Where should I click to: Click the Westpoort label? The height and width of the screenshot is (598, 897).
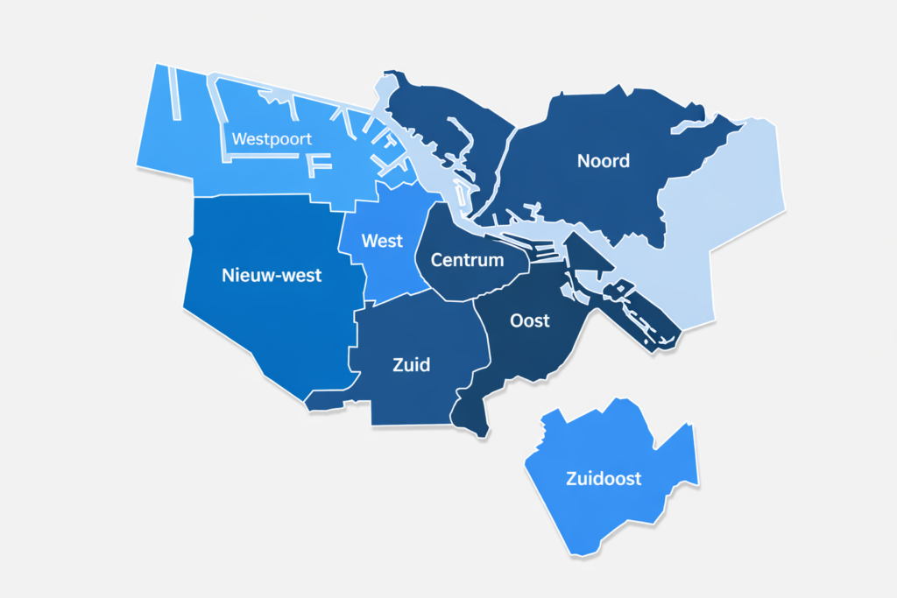pyautogui.click(x=272, y=139)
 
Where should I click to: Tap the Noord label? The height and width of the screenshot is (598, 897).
pyautogui.click(x=604, y=161)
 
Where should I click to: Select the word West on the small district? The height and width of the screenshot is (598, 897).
pyautogui.click(x=382, y=241)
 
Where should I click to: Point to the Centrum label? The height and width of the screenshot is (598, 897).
pyautogui.click(x=468, y=260)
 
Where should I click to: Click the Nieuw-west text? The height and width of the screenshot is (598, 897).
pyautogui.click(x=272, y=276)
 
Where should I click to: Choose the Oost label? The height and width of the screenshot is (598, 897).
pyautogui.click(x=530, y=320)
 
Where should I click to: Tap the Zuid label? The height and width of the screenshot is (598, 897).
pyautogui.click(x=412, y=364)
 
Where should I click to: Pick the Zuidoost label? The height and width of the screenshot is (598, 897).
pyautogui.click(x=604, y=479)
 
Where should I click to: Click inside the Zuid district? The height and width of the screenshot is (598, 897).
pyautogui.click(x=412, y=394)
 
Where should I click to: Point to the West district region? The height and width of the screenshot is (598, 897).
pyautogui.click(x=385, y=271)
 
